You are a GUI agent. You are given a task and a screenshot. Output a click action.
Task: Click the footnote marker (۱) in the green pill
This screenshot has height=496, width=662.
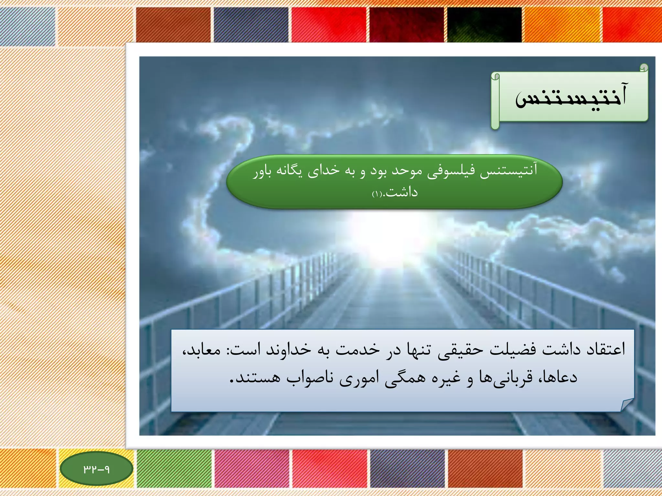[377, 194]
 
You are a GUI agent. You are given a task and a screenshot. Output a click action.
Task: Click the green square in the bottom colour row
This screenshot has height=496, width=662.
[175, 469]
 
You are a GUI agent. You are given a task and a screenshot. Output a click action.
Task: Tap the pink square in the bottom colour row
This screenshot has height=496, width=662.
[252, 469]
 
